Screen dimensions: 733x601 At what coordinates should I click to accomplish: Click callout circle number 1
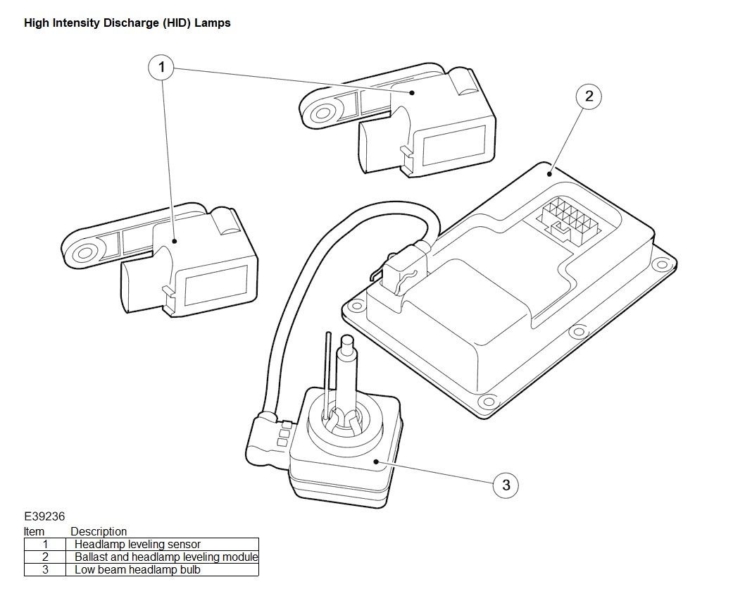[161, 68]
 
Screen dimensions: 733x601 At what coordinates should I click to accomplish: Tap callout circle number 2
[589, 97]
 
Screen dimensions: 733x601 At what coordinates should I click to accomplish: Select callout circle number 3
[506, 485]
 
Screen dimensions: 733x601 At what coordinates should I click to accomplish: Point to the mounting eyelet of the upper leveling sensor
[322, 113]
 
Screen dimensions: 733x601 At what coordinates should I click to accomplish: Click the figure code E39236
[44, 516]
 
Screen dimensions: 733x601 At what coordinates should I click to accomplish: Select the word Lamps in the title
[212, 23]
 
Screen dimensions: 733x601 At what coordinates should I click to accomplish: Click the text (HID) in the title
[177, 23]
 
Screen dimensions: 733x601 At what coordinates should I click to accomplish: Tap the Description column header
[98, 532]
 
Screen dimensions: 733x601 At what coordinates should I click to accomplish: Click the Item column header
[34, 532]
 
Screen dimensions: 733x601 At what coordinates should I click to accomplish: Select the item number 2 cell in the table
[45, 557]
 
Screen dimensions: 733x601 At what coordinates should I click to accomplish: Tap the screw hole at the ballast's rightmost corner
[662, 265]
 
